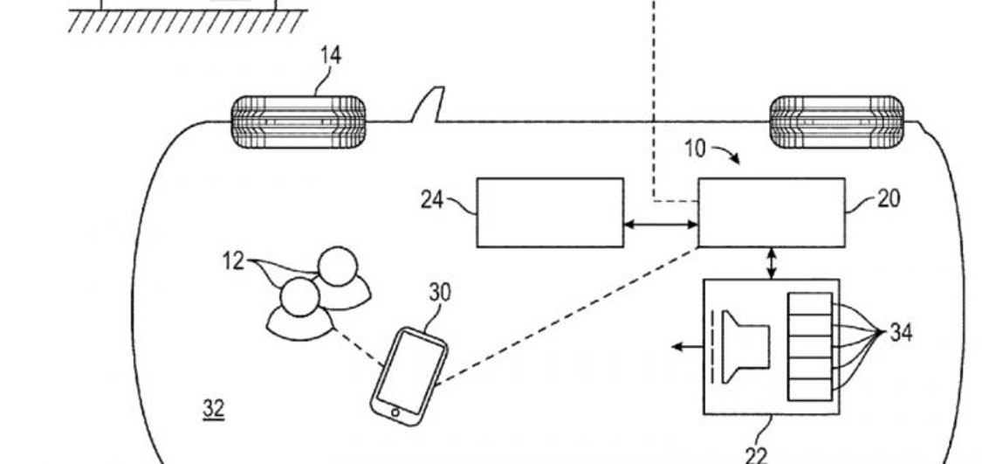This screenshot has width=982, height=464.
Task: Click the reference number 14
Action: click(330, 56)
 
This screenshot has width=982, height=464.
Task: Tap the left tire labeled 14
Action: click(298, 122)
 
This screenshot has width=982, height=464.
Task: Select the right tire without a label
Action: click(836, 121)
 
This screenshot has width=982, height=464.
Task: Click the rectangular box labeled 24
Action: click(549, 212)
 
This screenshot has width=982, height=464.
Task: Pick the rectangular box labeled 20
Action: click(771, 212)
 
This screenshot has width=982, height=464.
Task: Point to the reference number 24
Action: click(432, 200)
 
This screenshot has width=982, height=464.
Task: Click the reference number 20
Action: click(888, 198)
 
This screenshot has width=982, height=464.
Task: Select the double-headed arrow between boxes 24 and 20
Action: click(660, 225)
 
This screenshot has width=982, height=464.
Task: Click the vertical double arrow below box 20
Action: click(772, 263)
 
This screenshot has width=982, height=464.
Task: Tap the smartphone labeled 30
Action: click(409, 376)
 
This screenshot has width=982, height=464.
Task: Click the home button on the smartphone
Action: click(395, 412)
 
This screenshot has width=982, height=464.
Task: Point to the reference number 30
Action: click(440, 293)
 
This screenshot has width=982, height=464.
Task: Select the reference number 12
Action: click(233, 261)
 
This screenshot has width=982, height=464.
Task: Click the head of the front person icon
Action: click(299, 298)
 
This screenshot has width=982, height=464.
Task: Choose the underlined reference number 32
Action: click(213, 407)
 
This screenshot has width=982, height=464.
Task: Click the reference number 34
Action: click(901, 332)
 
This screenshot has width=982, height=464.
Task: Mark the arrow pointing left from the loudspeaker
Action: click(689, 347)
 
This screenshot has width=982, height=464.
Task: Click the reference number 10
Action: click(694, 149)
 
